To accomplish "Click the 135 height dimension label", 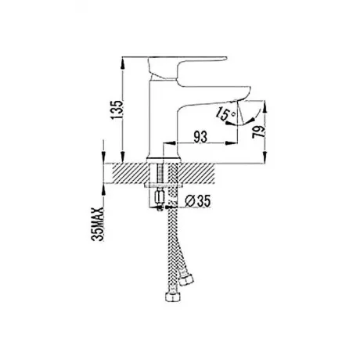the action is click(117, 110).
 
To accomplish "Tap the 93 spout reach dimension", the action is click(200, 137).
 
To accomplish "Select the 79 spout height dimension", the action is click(259, 132).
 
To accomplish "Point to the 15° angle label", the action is click(225, 114).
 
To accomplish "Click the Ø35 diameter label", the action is click(197, 201).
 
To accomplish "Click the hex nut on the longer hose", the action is click(172, 297).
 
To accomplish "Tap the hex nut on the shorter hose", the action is click(186, 279).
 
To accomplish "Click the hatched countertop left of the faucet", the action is click(130, 173).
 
